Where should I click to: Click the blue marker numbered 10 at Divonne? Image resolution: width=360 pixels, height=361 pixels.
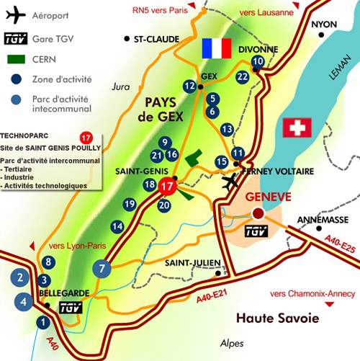pyautogui.click(x=258, y=63)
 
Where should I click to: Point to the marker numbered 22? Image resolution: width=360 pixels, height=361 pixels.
pyautogui.click(x=243, y=76)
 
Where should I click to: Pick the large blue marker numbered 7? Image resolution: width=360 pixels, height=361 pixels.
pyautogui.click(x=102, y=268)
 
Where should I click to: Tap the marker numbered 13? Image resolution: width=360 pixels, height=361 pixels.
pyautogui.click(x=228, y=130)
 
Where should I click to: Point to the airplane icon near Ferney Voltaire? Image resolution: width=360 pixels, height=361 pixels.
pyautogui.click(x=232, y=182)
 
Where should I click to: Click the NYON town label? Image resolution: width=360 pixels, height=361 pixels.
pyautogui.click(x=324, y=24)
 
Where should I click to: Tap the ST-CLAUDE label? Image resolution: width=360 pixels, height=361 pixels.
pyautogui.click(x=156, y=38)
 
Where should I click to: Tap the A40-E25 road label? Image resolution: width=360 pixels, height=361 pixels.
pyautogui.click(x=336, y=248)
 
